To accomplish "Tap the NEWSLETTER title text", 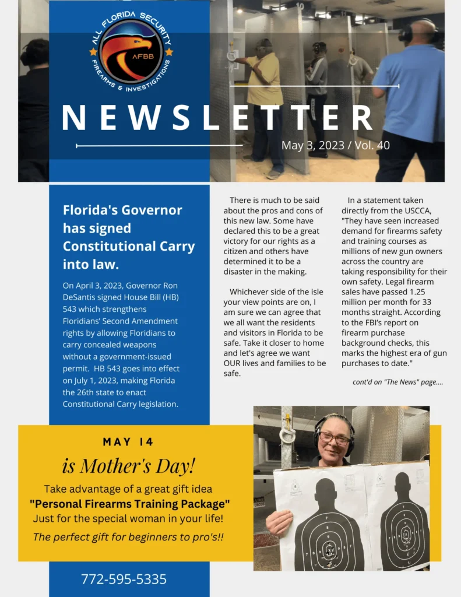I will pos(217,118).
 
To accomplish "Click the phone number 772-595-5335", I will pos(124,579).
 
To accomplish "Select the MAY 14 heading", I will pos(128,442).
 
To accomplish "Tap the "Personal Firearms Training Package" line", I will pos(129,503).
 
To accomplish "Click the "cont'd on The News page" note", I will pos(397,382).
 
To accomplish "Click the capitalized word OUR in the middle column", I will pos(235,363).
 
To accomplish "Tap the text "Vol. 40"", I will pos(375,145).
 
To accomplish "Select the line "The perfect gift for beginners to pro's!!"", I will pos(128,537).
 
